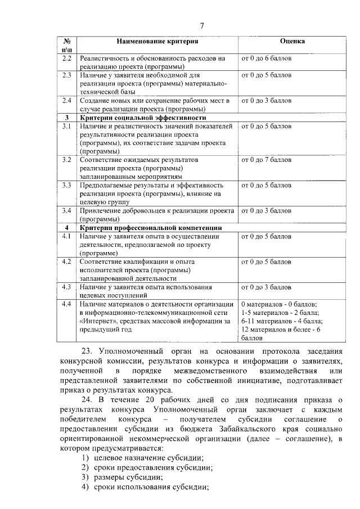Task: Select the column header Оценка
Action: pos(292,42)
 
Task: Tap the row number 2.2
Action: pos(66,58)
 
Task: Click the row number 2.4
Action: pos(66,100)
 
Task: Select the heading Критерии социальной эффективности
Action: pos(143,118)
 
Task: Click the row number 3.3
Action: pos(66,184)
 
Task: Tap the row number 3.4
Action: pos(66,210)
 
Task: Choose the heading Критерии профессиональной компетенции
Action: pos(150,227)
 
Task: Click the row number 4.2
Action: pos(66,261)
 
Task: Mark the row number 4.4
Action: pos(66,304)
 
